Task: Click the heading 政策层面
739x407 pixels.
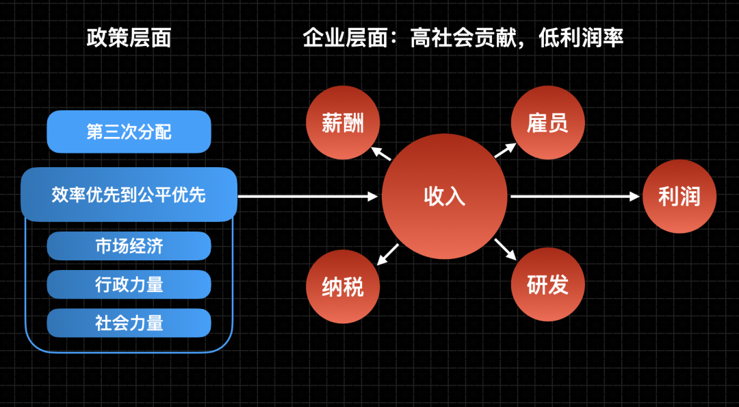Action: pos(129,38)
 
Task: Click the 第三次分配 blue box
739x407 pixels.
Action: pos(129,132)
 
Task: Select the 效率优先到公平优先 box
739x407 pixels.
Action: pos(129,195)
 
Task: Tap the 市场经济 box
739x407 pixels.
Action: pos(129,246)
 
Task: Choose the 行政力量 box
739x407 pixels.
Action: pos(129,284)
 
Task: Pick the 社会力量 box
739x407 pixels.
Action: pos(129,323)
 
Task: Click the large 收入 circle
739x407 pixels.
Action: pos(445,197)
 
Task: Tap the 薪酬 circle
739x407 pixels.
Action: pos(342,123)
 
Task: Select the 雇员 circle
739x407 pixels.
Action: pos(547,123)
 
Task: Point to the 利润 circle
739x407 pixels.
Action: pos(679,197)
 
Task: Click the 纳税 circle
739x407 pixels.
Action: pos(342,286)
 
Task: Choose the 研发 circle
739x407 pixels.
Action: pos(547,285)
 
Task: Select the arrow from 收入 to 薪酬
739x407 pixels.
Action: pos(380,153)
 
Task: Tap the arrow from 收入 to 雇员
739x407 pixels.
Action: pos(506,151)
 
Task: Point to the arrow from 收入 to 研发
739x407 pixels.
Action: pos(506,249)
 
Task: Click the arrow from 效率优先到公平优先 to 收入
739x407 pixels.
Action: pos(308,197)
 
